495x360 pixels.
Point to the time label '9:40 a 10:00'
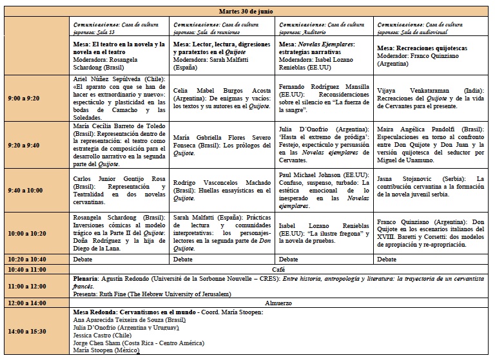click(x=26, y=190)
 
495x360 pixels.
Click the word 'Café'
click(x=279, y=269)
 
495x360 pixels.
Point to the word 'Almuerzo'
click(x=279, y=301)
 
